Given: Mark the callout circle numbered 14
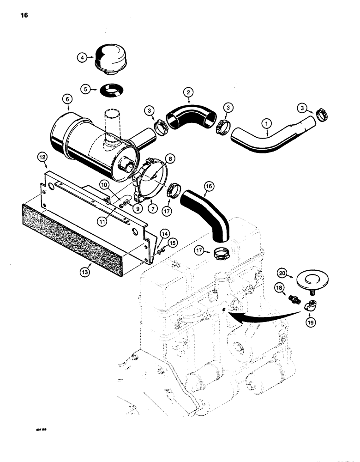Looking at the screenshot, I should pos(163,234).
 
